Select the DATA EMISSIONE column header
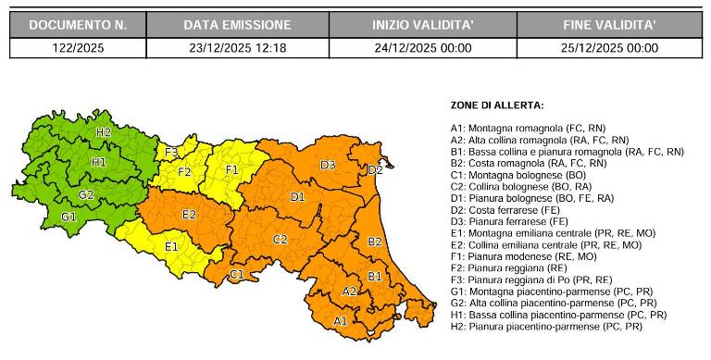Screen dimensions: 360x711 tap(236, 25)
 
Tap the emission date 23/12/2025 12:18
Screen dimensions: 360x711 tap(237, 48)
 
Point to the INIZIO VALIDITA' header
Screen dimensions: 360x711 tap(422, 25)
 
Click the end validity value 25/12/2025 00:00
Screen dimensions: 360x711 tap(610, 48)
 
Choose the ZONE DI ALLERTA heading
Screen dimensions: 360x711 tap(496, 106)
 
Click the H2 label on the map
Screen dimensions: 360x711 tap(103, 132)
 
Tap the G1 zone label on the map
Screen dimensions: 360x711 tap(69, 216)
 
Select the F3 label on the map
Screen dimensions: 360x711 tap(172, 152)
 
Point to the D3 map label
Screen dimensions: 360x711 tap(328, 165)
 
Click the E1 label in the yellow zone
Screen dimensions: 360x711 tap(171, 247)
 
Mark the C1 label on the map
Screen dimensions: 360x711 tap(236, 275)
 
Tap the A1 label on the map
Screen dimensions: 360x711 tap(340, 320)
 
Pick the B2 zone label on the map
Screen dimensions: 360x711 tap(375, 242)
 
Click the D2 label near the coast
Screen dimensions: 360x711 tap(375, 170)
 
